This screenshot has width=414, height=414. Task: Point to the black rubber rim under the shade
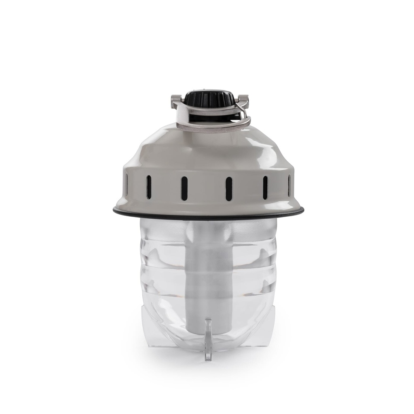[x=208, y=213]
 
